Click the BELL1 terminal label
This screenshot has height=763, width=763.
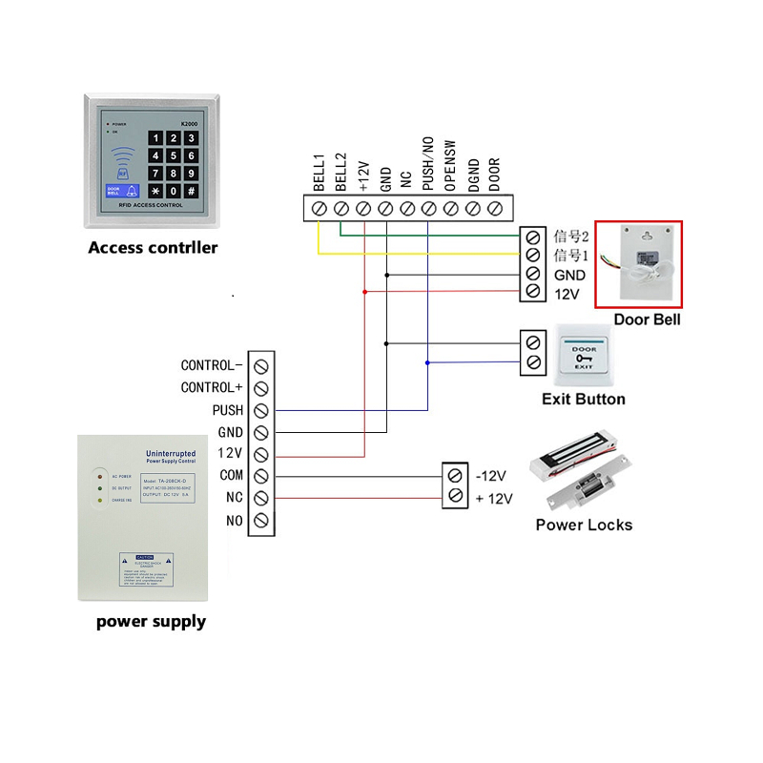pos(319,169)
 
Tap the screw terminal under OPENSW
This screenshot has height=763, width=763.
pos(450,207)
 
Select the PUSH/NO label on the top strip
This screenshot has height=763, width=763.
pos(428,163)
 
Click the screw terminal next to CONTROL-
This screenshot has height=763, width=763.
pos(260,365)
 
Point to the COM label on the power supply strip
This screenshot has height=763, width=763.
pos(231,475)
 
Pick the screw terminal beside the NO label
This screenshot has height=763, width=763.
pos(260,520)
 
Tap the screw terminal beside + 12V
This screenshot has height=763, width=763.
pos(455,497)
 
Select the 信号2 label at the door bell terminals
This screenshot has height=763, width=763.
pos(572,236)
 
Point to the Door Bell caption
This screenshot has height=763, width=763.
pos(647,320)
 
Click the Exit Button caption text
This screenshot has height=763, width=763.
pos(583,400)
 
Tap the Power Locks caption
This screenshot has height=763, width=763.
pos(583,525)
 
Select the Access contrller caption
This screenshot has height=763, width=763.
pos(153,248)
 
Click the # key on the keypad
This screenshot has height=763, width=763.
pos(191,191)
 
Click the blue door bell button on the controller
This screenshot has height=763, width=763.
pos(116,189)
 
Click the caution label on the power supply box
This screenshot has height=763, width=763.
pos(144,569)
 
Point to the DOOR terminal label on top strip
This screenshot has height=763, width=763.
pos(494,171)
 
